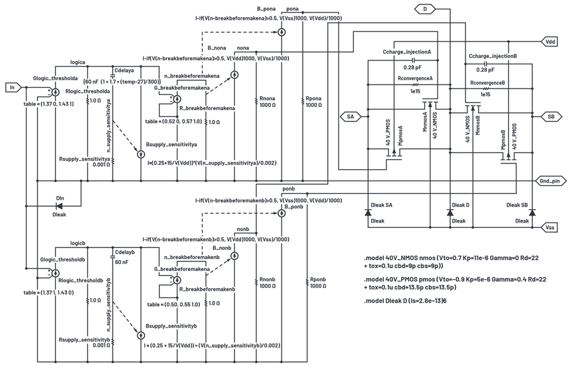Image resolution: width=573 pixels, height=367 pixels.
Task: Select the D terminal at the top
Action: pyautogui.click(x=425, y=9)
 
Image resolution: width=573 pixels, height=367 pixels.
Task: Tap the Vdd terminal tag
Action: pyautogui.click(x=549, y=41)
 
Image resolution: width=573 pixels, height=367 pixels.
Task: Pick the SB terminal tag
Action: pyautogui.click(x=550, y=116)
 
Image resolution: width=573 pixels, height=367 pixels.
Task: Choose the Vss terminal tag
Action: pyautogui.click(x=549, y=227)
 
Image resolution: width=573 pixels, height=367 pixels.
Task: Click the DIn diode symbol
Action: pyautogui.click(x=59, y=206)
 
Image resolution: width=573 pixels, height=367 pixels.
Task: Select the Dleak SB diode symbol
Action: pyautogui.click(x=532, y=212)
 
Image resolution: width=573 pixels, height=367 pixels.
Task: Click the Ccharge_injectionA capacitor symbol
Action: pyautogui.click(x=414, y=60)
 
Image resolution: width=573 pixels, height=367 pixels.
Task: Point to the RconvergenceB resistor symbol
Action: pyautogui.click(x=486, y=88)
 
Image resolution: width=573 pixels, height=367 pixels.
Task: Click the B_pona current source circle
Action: pyautogui.click(x=281, y=32)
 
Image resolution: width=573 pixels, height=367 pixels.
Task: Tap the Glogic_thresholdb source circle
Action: pyautogui.click(x=55, y=273)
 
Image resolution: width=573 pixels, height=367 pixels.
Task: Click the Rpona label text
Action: pyautogui.click(x=313, y=99)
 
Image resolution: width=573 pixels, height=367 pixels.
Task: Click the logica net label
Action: pyautogui.click(x=78, y=62)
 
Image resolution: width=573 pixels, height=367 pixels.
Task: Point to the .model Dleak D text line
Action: pyautogui.click(x=406, y=301)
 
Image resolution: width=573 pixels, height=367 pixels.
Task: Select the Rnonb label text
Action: pyautogui.click(x=267, y=280)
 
